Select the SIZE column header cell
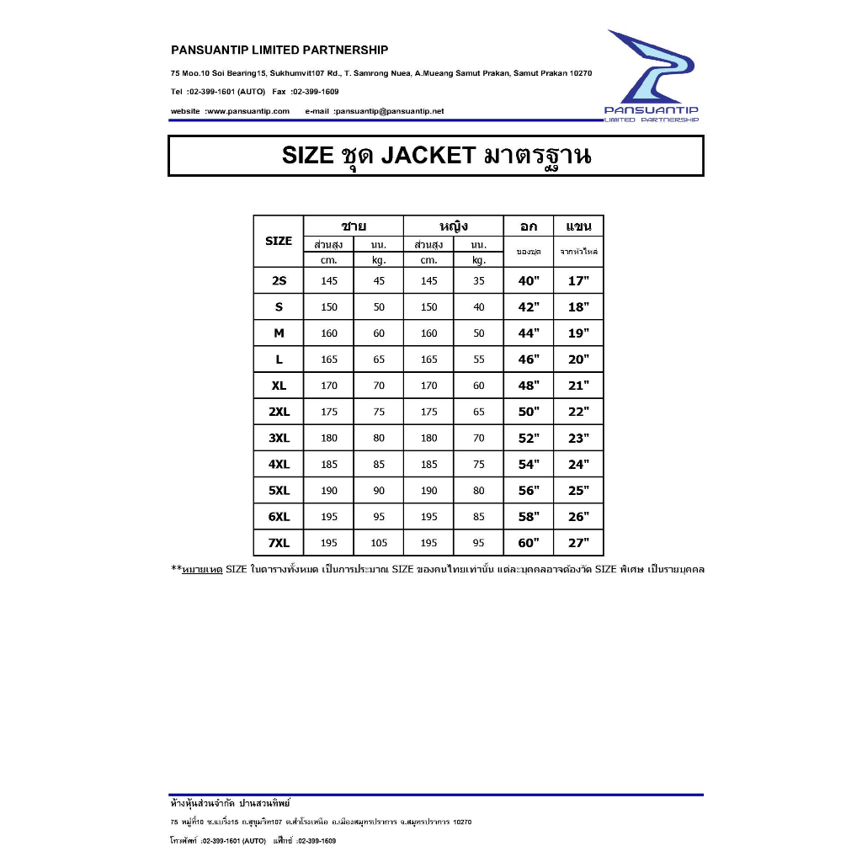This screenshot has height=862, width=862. tap(279, 241)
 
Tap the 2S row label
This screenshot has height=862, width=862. tap(279, 281)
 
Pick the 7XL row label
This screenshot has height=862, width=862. tap(279, 543)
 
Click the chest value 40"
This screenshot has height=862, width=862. tap(529, 281)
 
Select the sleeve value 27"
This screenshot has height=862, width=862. tap(579, 543)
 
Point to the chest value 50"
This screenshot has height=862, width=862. tap(529, 412)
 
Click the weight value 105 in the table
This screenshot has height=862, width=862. tap(379, 543)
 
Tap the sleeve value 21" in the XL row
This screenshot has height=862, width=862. tap(579, 386)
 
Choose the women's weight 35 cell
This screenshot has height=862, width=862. tap(479, 281)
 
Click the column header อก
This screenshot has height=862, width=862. tap(529, 226)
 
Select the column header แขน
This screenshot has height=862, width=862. tap(579, 226)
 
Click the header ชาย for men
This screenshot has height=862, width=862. tap(354, 226)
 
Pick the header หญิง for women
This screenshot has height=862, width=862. tap(454, 226)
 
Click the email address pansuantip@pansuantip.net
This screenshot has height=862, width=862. tap(390, 111)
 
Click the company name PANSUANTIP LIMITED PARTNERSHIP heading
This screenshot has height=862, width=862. tap(279, 51)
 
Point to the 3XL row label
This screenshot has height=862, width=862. tap(279, 438)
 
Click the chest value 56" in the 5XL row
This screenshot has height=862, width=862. tap(529, 490)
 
